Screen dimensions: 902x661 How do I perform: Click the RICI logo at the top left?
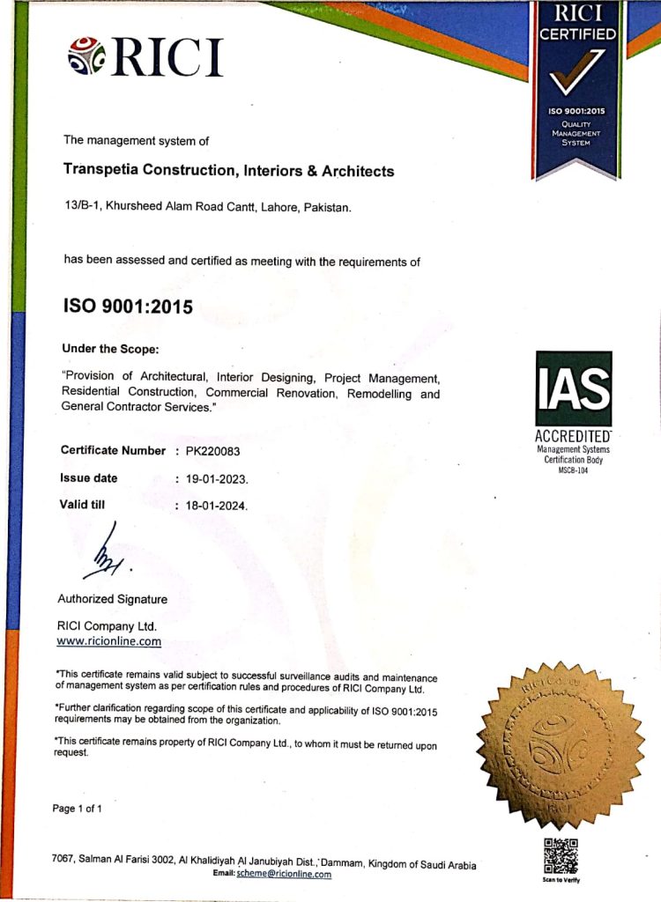[145, 56]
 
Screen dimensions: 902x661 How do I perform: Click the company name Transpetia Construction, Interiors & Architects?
[228, 171]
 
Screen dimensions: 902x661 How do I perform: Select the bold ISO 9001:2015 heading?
[127, 307]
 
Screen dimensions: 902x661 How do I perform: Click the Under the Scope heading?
[110, 348]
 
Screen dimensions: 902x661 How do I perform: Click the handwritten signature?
[105, 553]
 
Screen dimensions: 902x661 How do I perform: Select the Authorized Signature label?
[112, 599]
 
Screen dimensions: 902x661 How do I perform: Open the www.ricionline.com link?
[108, 641]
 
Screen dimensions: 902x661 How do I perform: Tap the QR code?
[561, 855]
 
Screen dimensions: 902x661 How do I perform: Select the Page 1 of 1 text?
[78, 809]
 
